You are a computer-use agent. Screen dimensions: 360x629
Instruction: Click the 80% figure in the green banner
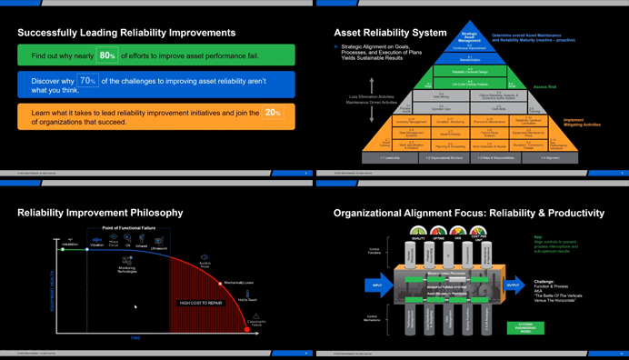(x=107, y=55)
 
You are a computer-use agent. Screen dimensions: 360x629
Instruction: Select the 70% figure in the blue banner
(x=87, y=81)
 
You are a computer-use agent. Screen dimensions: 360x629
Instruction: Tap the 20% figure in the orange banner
(x=273, y=113)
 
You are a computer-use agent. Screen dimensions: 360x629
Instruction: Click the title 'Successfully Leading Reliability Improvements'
(x=126, y=33)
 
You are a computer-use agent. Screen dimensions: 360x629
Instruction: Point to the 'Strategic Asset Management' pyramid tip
(x=469, y=37)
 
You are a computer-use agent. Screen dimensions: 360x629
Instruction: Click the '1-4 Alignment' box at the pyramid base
(x=550, y=157)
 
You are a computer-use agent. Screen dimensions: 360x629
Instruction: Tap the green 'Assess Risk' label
(x=545, y=87)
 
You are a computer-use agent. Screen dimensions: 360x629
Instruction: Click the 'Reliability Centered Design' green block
(x=470, y=71)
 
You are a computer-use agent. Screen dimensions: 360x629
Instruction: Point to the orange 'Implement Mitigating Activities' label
(x=582, y=122)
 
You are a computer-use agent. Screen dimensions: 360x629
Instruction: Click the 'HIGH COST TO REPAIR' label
(x=201, y=303)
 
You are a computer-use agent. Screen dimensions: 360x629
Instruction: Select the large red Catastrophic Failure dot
(x=246, y=329)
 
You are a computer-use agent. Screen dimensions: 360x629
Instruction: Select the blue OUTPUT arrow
(x=514, y=284)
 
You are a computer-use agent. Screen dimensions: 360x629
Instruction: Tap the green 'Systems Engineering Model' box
(x=526, y=328)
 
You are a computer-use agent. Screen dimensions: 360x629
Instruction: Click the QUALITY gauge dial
(x=418, y=232)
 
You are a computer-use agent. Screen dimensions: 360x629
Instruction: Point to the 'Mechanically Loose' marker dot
(x=222, y=283)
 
